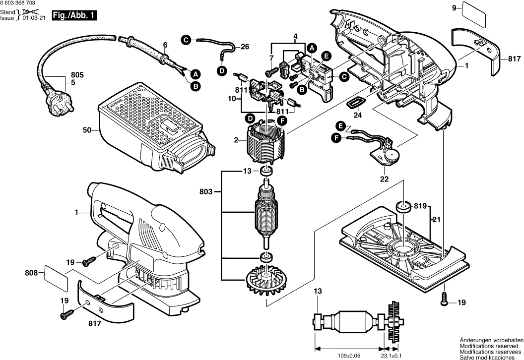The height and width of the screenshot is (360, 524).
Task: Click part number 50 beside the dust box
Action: (x=87, y=130)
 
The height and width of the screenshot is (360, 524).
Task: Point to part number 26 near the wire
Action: (x=245, y=47)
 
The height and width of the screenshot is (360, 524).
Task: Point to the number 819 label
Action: (x=421, y=205)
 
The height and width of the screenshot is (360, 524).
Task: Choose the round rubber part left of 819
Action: (x=403, y=206)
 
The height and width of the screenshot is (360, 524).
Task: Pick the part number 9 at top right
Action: (x=454, y=7)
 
